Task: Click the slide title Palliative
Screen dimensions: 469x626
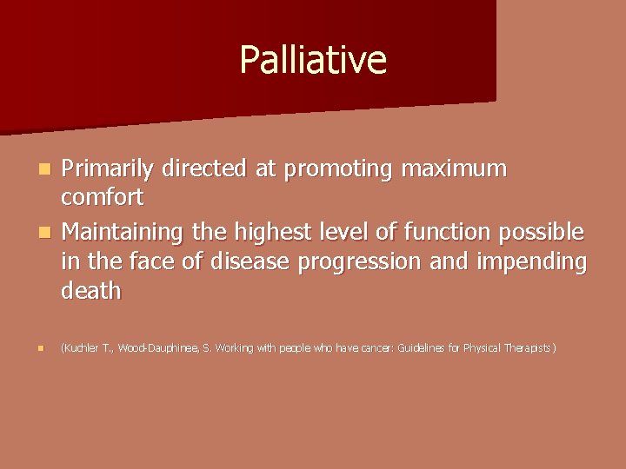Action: click(x=313, y=60)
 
